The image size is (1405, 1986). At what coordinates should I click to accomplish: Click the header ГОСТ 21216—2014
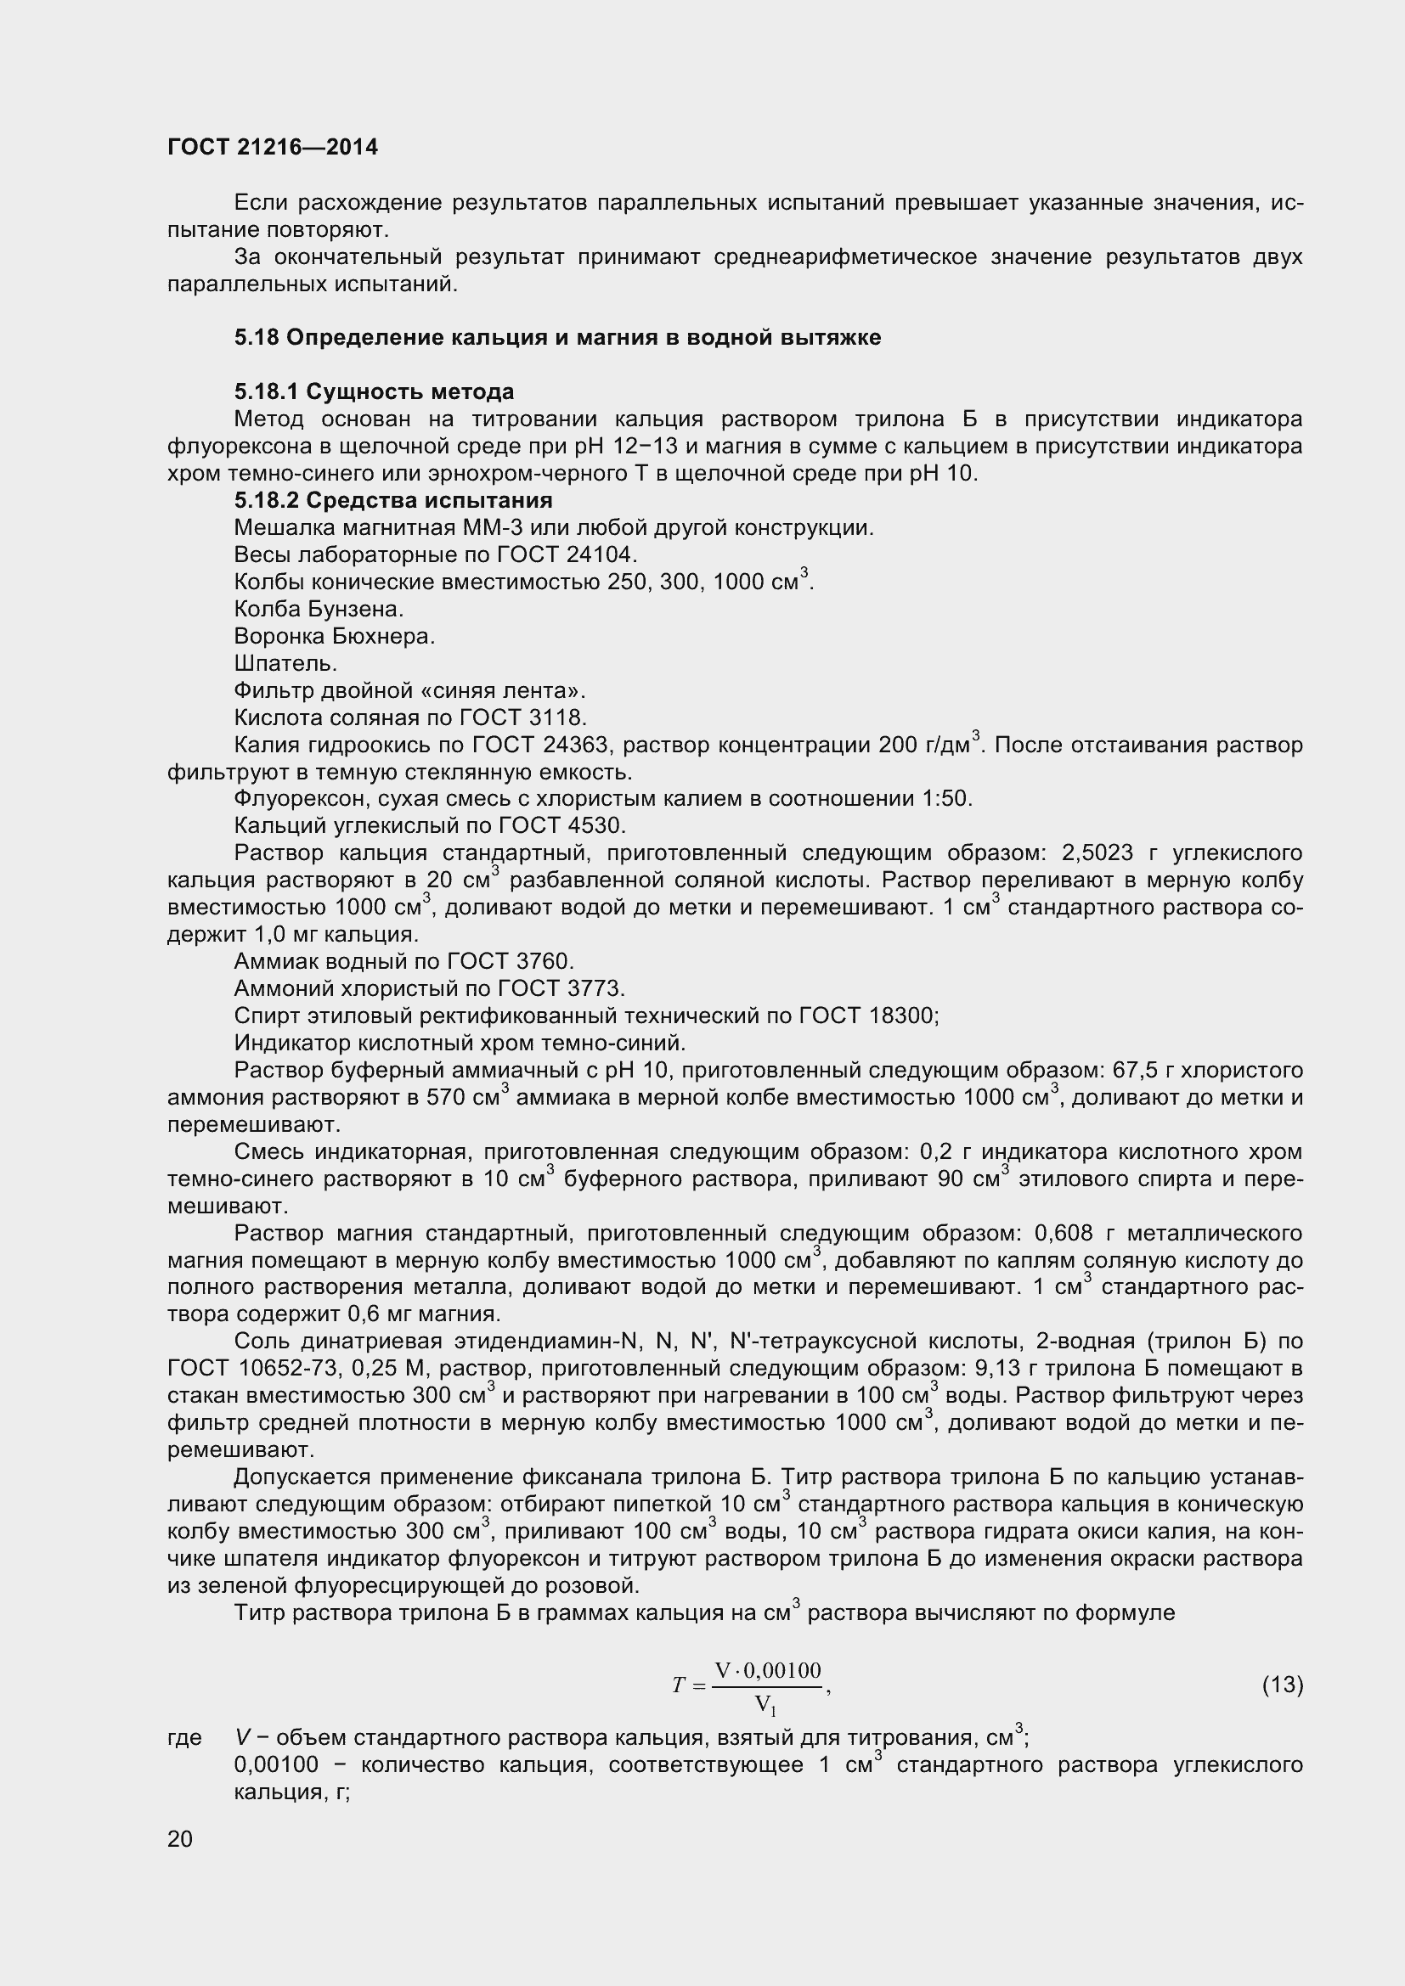(273, 147)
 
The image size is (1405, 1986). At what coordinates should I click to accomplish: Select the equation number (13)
(1282, 1684)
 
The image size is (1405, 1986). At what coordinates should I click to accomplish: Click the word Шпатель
(285, 663)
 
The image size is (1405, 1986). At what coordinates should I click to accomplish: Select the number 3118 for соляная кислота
(560, 717)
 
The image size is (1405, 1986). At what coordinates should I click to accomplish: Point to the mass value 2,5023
(1097, 852)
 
